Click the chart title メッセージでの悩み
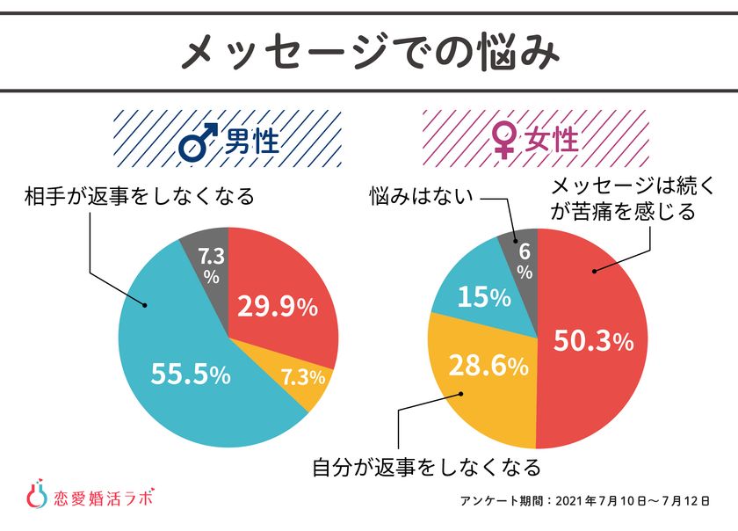[x=369, y=53]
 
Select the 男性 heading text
[x=252, y=141]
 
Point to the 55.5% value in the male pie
[x=191, y=375]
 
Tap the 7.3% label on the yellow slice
[x=302, y=377]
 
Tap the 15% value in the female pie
[x=482, y=298]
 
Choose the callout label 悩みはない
[x=421, y=195]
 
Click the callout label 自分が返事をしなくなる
[x=426, y=466]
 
